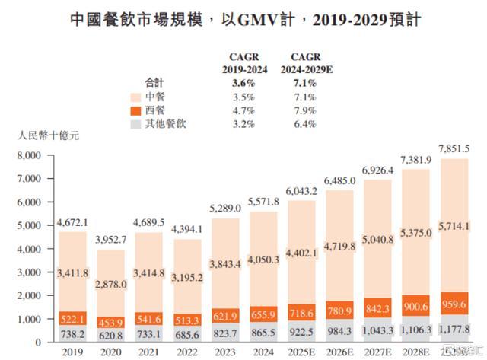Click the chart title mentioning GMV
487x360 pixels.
point(243,18)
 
